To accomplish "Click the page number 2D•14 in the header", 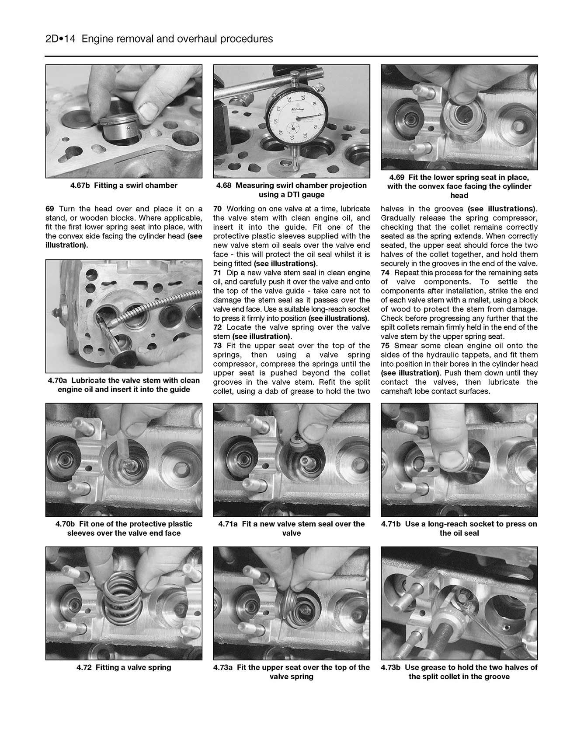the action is click(61, 39).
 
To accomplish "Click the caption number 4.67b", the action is click(80, 186).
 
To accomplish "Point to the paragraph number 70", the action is click(218, 209).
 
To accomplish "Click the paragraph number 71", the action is click(218, 273).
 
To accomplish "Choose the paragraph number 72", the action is click(218, 327).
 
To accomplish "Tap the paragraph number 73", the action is click(218, 346).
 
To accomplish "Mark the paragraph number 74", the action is click(386, 273).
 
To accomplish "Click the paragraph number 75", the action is click(386, 346).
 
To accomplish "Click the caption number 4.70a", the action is click(58, 381).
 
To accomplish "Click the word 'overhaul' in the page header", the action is click(196, 39).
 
